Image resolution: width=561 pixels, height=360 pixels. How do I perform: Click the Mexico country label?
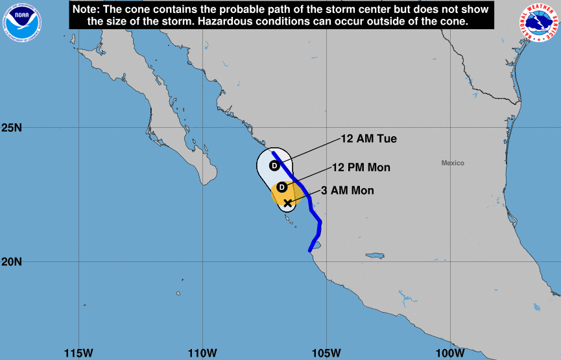tap(453, 163)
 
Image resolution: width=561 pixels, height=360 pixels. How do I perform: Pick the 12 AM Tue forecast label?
tap(368, 139)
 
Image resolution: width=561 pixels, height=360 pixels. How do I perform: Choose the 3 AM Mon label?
tap(348, 190)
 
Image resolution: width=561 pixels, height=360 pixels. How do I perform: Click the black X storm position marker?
tap(288, 203)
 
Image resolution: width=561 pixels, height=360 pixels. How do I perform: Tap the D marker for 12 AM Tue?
tap(274, 165)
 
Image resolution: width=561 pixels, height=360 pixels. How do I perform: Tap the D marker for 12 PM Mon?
tap(282, 187)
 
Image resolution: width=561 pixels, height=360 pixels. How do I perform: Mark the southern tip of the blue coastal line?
tap(310, 250)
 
